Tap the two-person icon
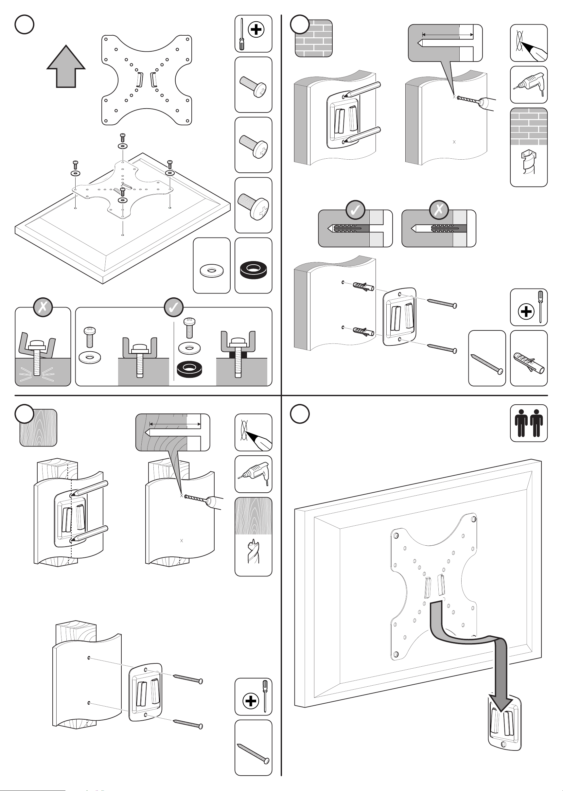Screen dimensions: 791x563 528,423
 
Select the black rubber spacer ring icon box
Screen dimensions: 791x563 253,266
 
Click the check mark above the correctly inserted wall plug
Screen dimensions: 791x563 355,210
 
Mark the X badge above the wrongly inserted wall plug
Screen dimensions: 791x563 439,210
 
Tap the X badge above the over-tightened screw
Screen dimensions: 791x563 43,307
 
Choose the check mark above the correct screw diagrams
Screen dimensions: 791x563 174,307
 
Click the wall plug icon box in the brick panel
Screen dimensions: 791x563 528,358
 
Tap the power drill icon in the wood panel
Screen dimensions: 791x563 253,474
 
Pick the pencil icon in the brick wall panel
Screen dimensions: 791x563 528,43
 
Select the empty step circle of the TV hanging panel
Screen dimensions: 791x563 300,414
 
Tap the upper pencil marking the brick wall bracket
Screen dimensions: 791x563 362,89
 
